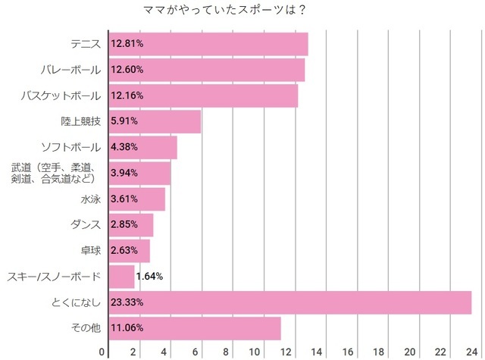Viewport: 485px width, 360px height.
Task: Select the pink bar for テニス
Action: coord(208,44)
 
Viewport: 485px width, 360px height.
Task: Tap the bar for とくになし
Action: coord(290,302)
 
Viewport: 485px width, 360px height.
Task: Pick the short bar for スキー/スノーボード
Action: coord(121,277)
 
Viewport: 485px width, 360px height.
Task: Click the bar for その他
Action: coord(195,328)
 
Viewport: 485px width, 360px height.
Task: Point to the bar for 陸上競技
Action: coord(155,121)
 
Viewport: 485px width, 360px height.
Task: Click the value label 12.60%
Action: coord(127,70)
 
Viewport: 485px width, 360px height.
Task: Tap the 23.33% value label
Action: coord(127,302)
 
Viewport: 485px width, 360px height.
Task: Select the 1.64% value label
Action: coord(150,277)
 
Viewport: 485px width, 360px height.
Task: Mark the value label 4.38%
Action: coord(124,147)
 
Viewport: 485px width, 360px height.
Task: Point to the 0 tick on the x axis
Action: coord(103,352)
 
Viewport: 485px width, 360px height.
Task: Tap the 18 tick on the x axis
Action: coord(377,352)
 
